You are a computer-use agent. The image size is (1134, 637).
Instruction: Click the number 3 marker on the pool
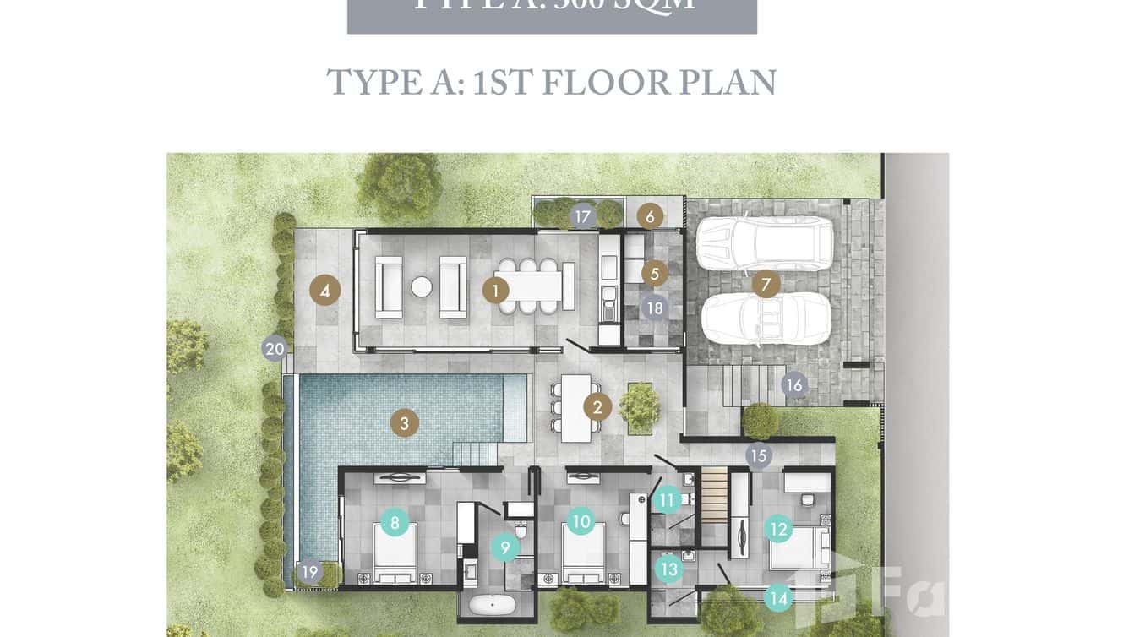[405, 423]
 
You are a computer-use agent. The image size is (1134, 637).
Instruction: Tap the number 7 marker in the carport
[766, 285]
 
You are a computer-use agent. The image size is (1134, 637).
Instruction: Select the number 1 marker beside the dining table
[495, 291]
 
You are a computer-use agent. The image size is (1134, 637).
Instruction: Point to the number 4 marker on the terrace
[324, 291]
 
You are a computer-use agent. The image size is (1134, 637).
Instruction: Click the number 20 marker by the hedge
[275, 348]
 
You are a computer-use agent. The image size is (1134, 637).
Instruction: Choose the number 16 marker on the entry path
[793, 386]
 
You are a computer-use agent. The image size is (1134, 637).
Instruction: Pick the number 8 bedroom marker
[395, 522]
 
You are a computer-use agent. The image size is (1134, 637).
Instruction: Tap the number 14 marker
[778, 599]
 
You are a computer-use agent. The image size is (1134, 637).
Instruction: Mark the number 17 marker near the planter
[582, 216]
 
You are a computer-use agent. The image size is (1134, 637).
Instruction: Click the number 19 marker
[310, 572]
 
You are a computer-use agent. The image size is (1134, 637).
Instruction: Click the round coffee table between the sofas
[422, 287]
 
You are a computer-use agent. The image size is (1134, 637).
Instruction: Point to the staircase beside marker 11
[715, 498]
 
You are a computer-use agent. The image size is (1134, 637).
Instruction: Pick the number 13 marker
[669, 569]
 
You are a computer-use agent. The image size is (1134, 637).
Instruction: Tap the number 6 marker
[650, 216]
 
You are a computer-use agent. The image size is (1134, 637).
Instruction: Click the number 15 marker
[759, 456]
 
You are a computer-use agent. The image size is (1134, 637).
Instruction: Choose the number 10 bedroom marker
[581, 522]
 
